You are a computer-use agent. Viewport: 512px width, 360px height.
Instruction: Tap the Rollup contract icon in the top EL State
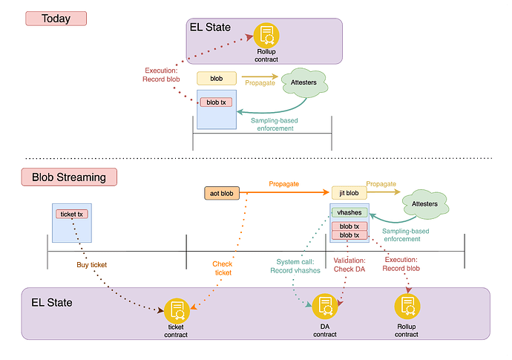[266, 35]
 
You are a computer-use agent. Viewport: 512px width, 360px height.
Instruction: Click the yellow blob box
[216, 77]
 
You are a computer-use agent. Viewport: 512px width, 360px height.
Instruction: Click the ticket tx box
[72, 215]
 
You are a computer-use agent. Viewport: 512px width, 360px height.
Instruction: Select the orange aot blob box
[223, 193]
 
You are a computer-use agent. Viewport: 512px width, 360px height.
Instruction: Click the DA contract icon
[324, 306]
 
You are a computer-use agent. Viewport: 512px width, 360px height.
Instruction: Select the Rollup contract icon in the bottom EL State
[407, 306]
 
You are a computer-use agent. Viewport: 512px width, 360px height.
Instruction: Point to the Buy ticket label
[92, 264]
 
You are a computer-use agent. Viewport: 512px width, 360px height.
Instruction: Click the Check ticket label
[222, 268]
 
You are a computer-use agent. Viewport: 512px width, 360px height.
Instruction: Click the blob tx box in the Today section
[214, 102]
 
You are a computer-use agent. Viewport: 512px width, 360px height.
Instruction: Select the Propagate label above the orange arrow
[285, 183]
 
